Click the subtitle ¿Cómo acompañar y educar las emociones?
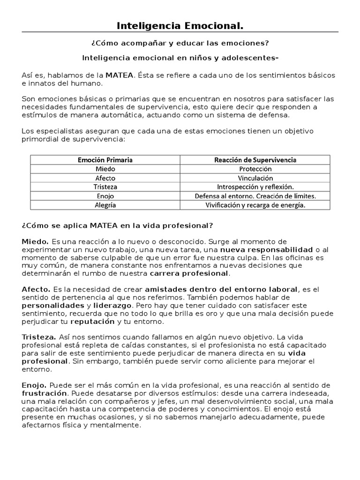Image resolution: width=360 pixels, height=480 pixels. (x=180, y=43)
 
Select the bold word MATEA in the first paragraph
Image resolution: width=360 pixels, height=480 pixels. (x=120, y=75)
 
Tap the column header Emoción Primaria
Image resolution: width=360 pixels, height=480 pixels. (x=105, y=160)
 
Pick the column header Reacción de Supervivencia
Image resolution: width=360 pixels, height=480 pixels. (x=255, y=160)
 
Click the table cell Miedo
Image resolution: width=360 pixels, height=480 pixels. (x=105, y=169)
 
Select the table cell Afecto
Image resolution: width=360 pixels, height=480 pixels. (x=105, y=178)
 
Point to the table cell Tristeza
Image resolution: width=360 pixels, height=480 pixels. (x=105, y=187)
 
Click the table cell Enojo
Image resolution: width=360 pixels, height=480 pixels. (x=105, y=196)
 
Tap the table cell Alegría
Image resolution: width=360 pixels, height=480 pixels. (x=105, y=205)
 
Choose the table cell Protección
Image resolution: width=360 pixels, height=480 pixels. (x=255, y=169)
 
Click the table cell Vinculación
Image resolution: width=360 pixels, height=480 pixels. (x=255, y=178)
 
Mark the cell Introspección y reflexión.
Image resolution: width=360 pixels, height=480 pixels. (x=255, y=187)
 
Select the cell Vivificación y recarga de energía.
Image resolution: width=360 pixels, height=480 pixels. (x=255, y=205)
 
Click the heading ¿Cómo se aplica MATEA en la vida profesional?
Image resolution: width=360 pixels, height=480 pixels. (x=117, y=225)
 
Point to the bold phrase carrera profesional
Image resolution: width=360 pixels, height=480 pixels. (x=189, y=273)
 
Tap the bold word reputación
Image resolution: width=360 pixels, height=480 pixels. (x=92, y=322)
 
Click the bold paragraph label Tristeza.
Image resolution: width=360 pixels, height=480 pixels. (x=39, y=337)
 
